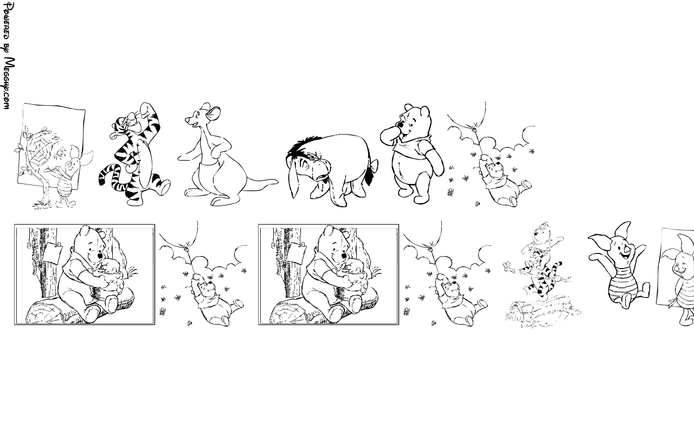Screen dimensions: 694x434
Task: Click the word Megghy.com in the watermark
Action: (x=9, y=83)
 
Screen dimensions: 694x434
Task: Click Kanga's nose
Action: (x=187, y=120)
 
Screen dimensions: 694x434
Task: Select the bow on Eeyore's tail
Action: (x=375, y=165)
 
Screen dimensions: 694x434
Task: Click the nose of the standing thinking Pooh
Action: (x=400, y=125)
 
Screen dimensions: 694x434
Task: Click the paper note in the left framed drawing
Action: (x=52, y=252)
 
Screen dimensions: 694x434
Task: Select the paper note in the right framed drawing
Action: (x=296, y=252)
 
